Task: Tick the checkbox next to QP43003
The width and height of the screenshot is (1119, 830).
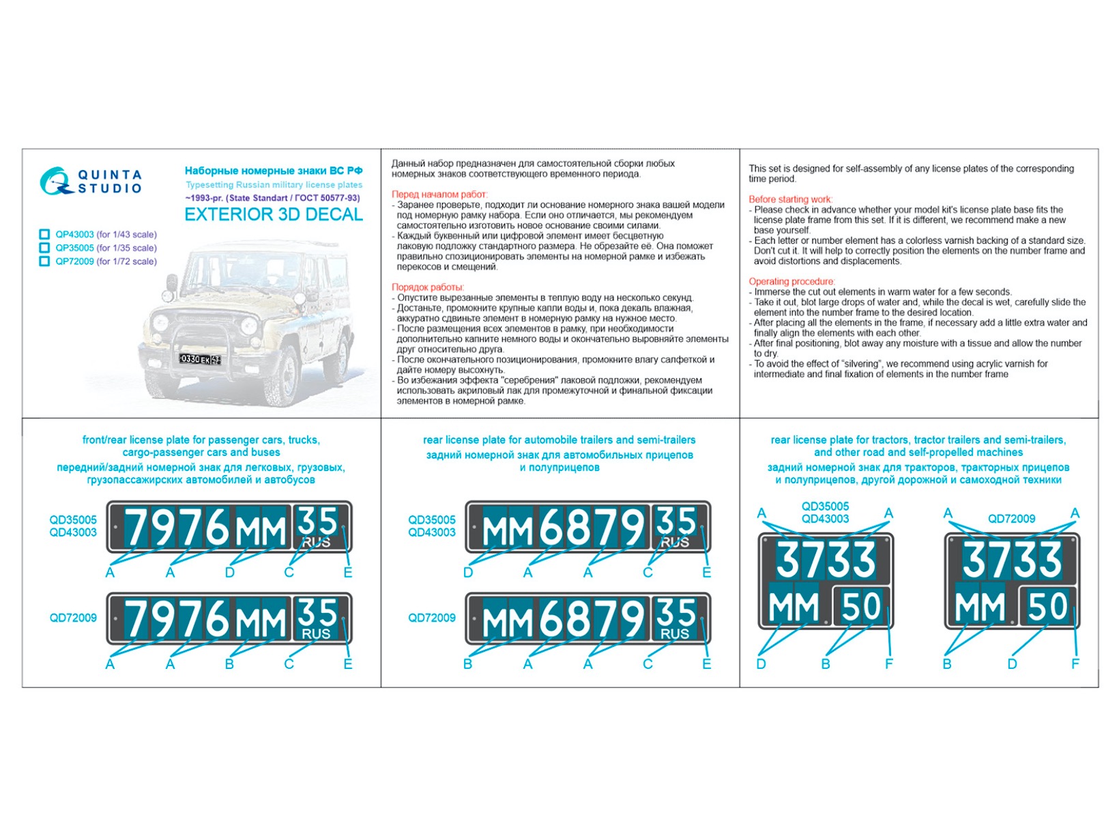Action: tap(44, 234)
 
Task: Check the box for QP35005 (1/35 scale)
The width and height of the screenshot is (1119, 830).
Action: tap(44, 248)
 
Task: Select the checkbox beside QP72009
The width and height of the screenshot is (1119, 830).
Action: tap(44, 261)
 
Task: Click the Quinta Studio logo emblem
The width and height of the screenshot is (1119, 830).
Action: tap(55, 182)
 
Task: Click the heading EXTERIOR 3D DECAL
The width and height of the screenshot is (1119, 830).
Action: tap(274, 215)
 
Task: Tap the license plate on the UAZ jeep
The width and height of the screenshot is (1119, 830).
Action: tap(200, 359)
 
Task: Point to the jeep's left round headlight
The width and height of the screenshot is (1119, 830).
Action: tap(161, 323)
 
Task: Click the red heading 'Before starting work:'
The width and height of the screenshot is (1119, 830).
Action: tap(790, 199)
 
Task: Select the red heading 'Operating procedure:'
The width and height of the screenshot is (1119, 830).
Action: tap(791, 281)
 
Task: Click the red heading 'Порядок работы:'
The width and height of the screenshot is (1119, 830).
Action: tap(428, 287)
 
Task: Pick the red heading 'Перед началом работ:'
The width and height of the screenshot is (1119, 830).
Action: tap(439, 195)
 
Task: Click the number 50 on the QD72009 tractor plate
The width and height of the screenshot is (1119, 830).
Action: tap(1047, 606)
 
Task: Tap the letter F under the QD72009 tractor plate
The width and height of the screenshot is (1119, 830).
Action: tap(1075, 664)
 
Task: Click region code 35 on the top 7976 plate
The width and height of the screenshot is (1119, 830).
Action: tap(317, 521)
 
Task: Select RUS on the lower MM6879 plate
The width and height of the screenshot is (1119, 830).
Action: tap(674, 634)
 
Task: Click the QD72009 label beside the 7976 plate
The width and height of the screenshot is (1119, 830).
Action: tap(73, 618)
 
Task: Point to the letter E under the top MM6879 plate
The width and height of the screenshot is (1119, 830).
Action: tap(707, 573)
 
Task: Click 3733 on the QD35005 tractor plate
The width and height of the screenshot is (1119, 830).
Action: tap(826, 560)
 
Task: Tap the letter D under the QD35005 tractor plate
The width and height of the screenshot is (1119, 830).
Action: tap(761, 664)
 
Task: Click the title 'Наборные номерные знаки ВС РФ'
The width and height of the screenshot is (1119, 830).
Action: tap(274, 171)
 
